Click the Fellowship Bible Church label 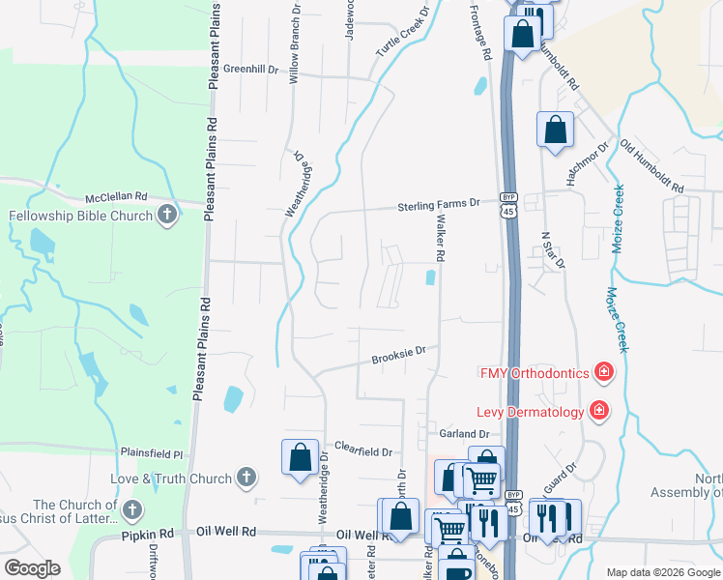[x=81, y=216]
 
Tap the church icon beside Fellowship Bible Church [x=167, y=215]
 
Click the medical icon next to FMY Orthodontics [x=603, y=371]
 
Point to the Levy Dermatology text [x=532, y=412]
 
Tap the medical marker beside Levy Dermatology [x=599, y=411]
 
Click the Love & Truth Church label [x=171, y=478]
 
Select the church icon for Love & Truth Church [x=246, y=477]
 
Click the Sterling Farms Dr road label [x=440, y=205]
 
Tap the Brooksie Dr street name [x=399, y=357]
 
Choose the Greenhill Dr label [x=250, y=70]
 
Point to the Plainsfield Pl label [x=152, y=452]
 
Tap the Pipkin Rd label [x=147, y=534]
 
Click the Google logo [x=32, y=568]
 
